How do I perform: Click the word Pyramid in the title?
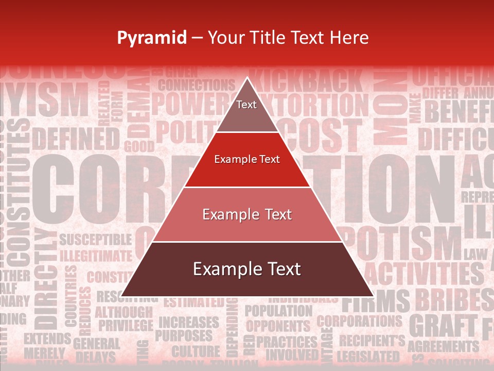(151, 38)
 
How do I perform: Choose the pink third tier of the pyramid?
(247, 214)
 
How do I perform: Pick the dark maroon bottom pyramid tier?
(247, 269)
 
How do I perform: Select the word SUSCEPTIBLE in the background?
(95, 239)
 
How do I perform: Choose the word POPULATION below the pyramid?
(278, 311)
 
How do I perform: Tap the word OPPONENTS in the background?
(278, 326)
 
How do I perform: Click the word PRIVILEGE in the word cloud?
(126, 326)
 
